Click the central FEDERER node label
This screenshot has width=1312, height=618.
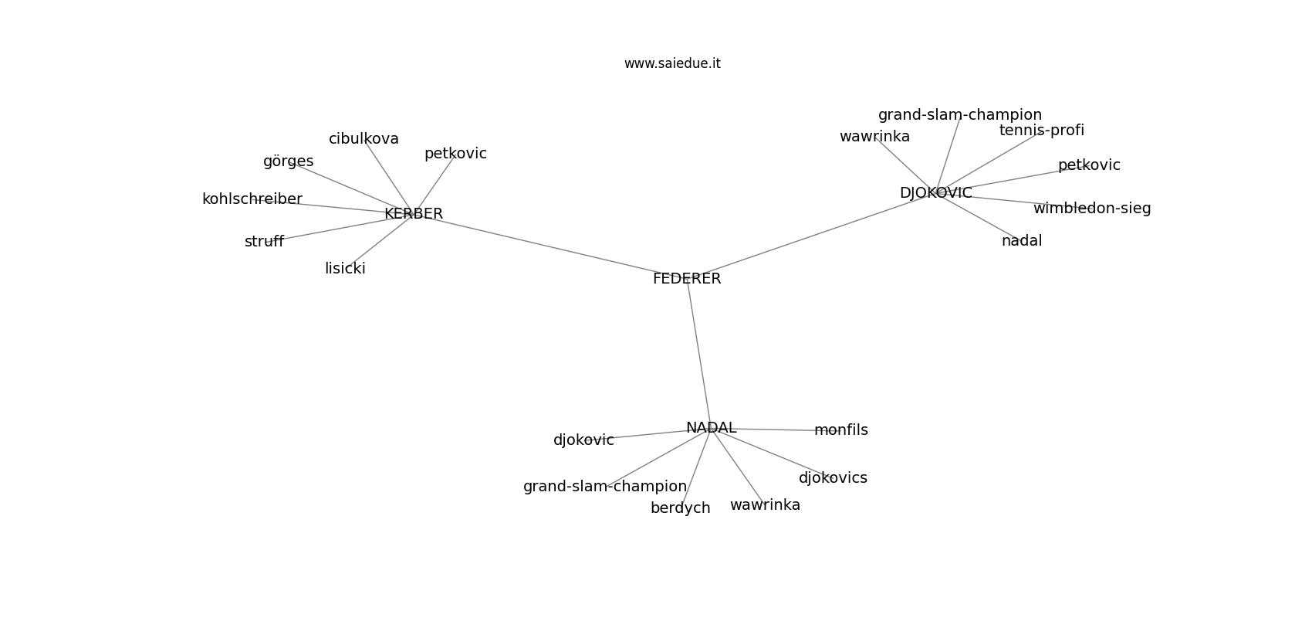687,279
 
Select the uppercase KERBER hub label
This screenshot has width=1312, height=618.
414,213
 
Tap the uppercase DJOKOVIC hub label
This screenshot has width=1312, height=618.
936,193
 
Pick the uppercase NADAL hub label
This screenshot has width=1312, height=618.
711,428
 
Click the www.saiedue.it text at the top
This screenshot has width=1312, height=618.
672,63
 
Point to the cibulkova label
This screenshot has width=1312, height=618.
364,139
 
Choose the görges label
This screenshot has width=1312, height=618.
288,161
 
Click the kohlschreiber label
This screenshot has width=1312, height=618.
252,199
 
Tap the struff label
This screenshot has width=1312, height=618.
264,242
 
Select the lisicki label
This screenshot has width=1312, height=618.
345,269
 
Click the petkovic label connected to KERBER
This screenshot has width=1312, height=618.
455,154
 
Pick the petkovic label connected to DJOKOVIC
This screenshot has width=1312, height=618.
1089,165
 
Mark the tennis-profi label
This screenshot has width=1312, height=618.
1041,131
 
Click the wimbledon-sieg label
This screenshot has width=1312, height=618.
1092,208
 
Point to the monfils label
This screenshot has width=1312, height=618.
841,430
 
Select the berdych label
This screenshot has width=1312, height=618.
681,508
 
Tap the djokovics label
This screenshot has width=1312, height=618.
833,478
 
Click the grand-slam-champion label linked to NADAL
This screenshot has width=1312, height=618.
605,487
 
